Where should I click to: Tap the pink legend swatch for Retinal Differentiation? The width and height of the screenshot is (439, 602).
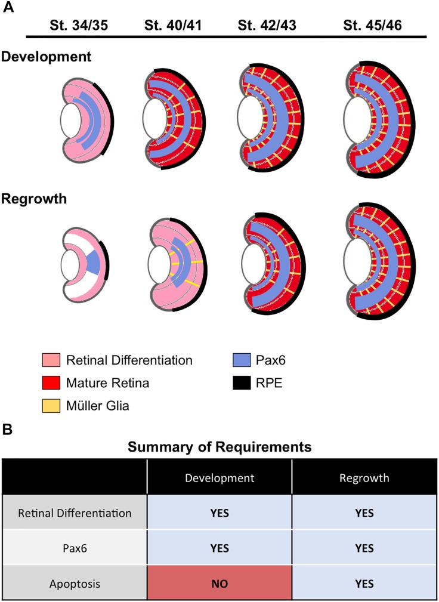[x=51, y=360]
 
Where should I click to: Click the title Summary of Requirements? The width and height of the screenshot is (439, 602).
[x=219, y=447]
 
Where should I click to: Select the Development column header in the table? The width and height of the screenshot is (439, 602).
[x=219, y=480]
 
